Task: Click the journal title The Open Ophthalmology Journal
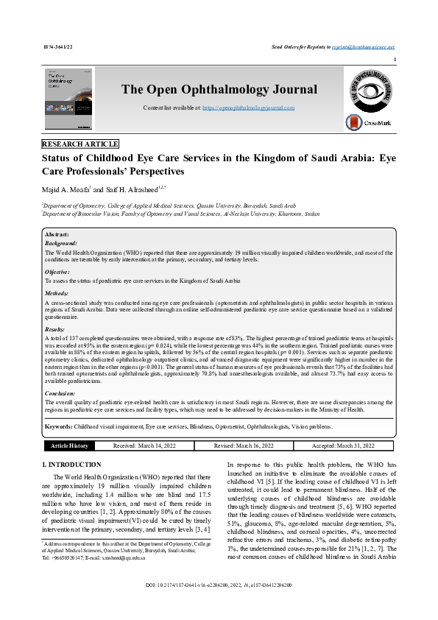point(219,90)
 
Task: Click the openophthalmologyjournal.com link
point(248,108)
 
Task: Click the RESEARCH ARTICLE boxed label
point(80,144)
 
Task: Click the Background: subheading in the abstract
point(61,242)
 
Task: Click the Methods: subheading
point(57,292)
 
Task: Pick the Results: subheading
point(56,329)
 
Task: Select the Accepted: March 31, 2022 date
point(342,445)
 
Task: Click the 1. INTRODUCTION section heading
point(71,465)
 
